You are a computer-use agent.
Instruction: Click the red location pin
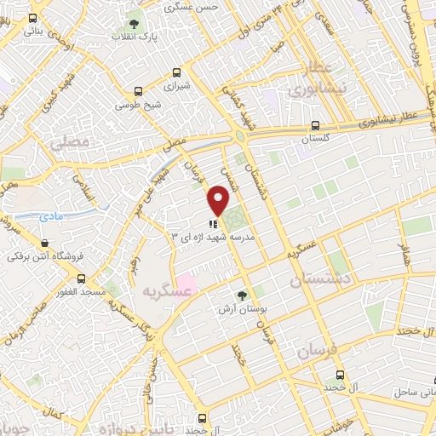click(x=218, y=201)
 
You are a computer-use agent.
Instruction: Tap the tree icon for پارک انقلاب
click(x=135, y=23)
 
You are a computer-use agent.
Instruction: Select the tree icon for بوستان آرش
click(x=244, y=295)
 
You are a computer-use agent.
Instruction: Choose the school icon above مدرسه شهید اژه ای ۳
click(x=213, y=223)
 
